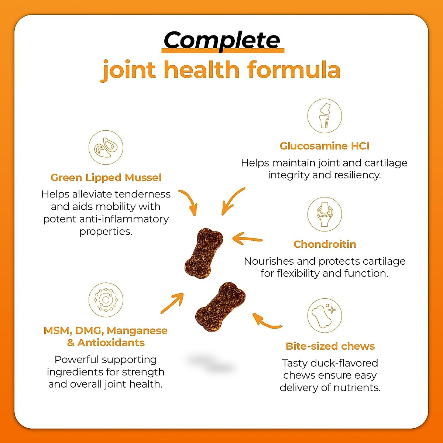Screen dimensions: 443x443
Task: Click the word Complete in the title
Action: (x=222, y=40)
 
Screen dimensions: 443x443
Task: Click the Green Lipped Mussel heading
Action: (x=106, y=178)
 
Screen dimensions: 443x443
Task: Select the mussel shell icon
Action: (x=106, y=147)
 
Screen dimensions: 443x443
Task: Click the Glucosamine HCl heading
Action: (x=324, y=146)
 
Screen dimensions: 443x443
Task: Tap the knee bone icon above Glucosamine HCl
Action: (x=324, y=116)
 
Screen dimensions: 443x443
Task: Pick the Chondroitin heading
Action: (x=324, y=244)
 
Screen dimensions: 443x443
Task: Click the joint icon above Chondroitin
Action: (x=324, y=214)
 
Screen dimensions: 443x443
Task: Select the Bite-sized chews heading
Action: (x=330, y=346)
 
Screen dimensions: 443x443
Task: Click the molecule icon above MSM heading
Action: (x=106, y=300)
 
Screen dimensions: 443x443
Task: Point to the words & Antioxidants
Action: (x=106, y=343)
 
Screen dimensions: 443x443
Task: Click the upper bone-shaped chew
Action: (x=204, y=253)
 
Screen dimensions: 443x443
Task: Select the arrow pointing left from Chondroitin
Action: (x=247, y=239)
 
